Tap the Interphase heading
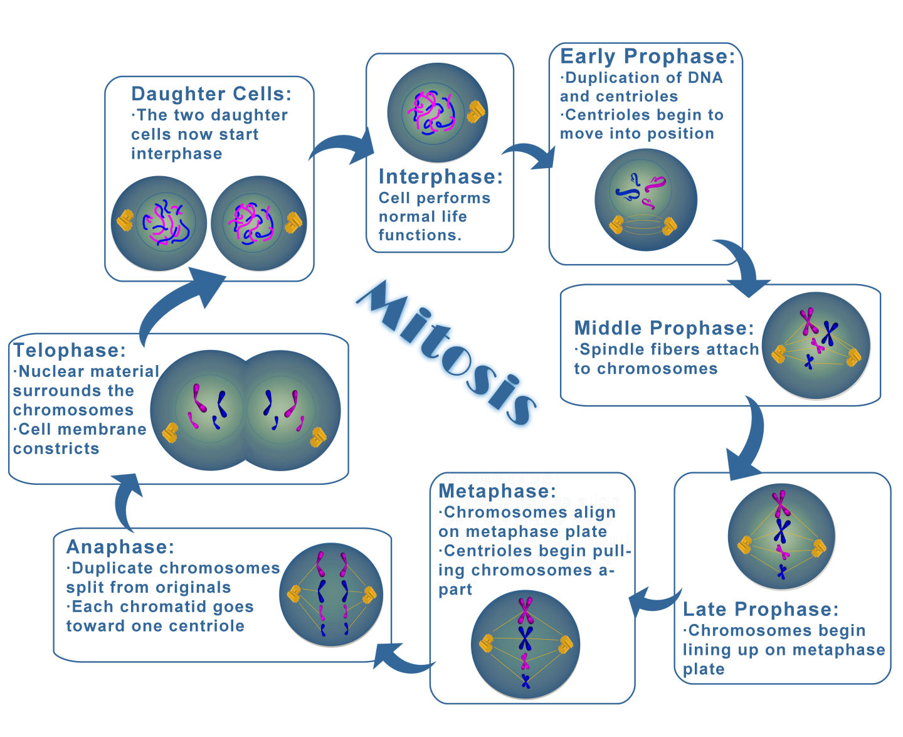441,176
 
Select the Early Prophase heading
647,56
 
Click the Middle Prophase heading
664,328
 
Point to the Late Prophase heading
761,609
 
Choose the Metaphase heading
497,490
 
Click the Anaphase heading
120,547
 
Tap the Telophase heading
70,350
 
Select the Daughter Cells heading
211,94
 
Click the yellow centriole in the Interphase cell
476,112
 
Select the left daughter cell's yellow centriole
125,221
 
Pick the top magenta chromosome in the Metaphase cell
525,611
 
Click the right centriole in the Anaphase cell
369,595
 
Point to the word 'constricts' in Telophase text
56,449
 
